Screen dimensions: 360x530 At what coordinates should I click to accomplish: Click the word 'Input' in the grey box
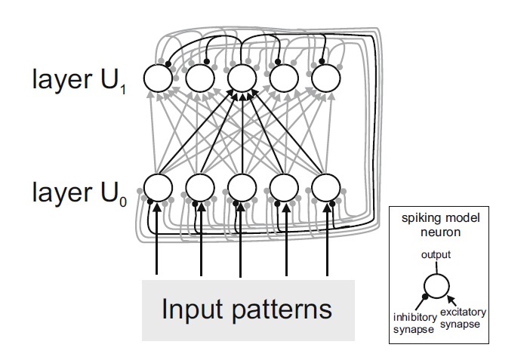click(x=192, y=309)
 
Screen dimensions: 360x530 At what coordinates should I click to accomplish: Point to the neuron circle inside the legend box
click(x=436, y=285)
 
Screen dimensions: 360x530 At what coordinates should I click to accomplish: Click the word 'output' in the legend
click(x=435, y=255)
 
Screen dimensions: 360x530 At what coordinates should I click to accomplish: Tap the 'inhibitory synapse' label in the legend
click(x=411, y=323)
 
